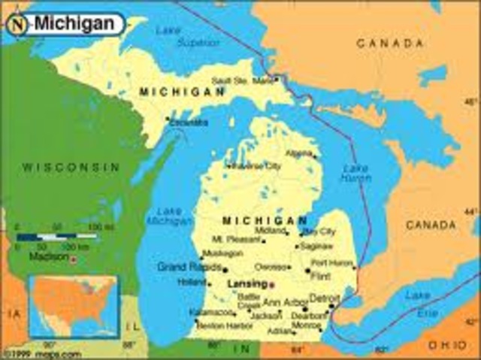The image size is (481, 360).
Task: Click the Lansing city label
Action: coord(247,284)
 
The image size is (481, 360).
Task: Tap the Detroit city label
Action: coord(325,298)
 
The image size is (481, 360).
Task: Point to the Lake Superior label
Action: coord(177,36)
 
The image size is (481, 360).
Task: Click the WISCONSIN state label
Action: coord(71,167)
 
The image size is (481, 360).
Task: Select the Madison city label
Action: coord(48,256)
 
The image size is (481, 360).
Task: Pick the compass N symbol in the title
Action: coord(17,24)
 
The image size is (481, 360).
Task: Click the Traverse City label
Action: coord(254,165)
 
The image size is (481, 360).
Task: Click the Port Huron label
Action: coord(331,263)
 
